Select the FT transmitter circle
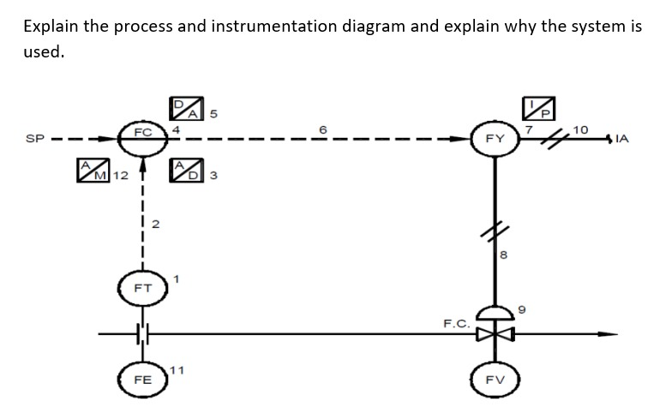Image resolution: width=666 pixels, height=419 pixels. click(142, 290)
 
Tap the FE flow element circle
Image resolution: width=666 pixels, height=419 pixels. click(142, 378)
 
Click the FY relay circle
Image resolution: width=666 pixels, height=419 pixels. click(495, 137)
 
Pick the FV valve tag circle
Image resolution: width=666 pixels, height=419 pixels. click(495, 378)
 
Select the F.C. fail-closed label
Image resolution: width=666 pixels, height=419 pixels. click(455, 324)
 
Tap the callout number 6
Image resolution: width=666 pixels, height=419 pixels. click(324, 128)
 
